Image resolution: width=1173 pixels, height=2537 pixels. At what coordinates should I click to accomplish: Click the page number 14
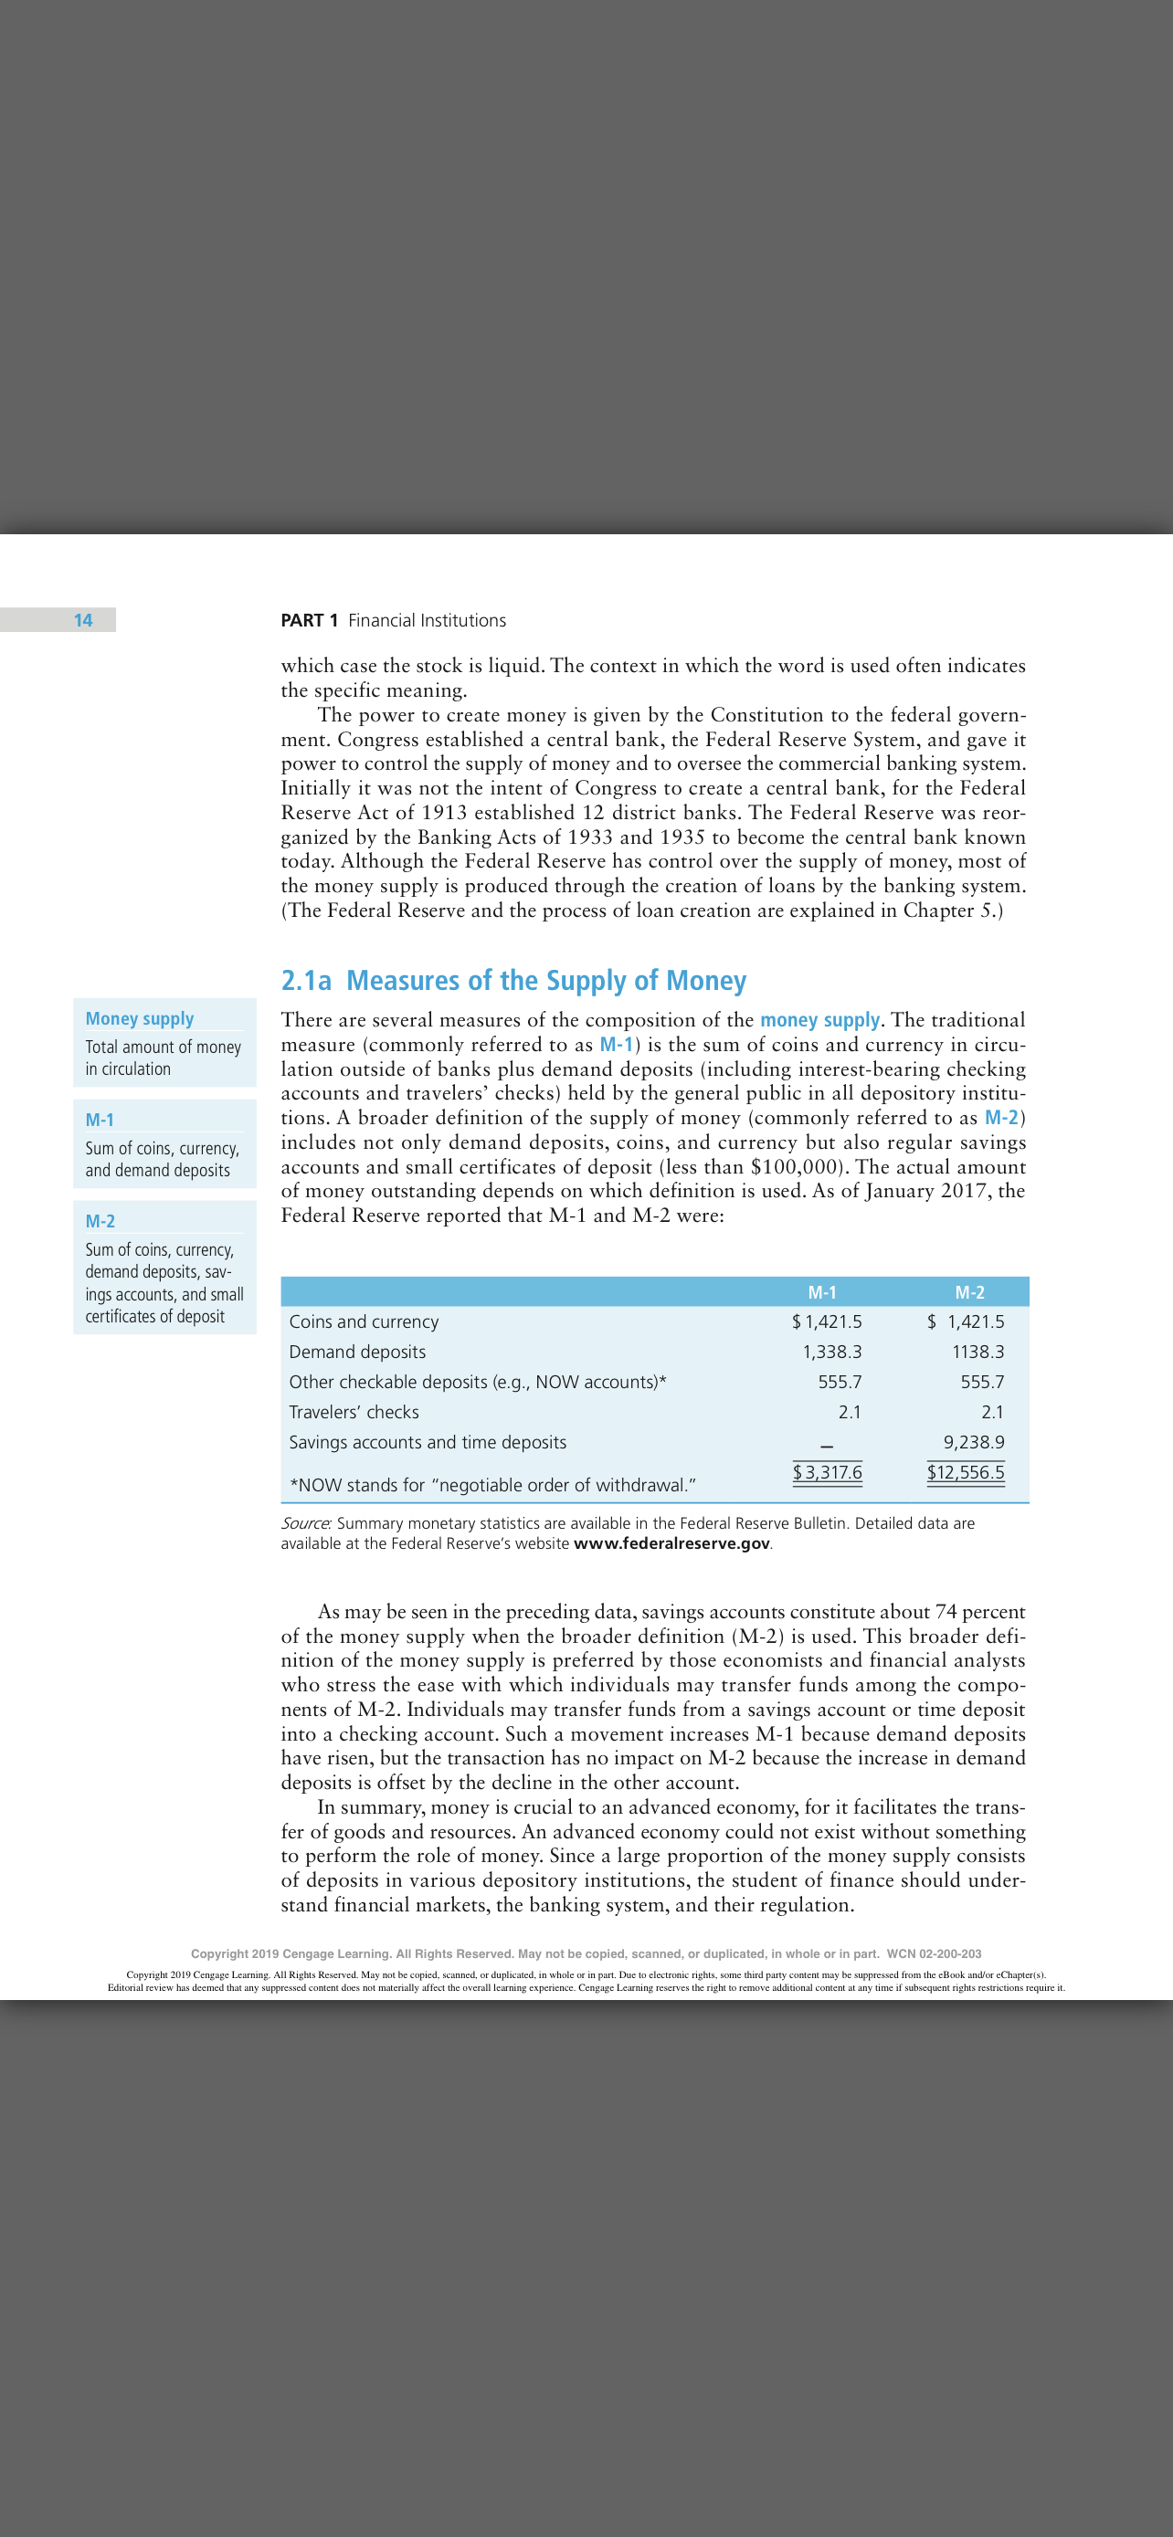tap(83, 619)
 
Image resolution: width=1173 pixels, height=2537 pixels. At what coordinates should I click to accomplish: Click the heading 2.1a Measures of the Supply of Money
tap(513, 980)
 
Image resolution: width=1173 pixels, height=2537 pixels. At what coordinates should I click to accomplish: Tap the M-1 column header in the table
tap(821, 1291)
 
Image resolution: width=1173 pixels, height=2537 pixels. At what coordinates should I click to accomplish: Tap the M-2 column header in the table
tap(969, 1291)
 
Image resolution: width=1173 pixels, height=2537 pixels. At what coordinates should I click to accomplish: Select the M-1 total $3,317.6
tap(828, 1471)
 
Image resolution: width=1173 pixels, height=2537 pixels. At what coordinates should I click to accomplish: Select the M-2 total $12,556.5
tap(966, 1471)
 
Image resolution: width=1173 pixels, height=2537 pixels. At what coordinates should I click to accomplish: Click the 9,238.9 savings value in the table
tap(973, 1442)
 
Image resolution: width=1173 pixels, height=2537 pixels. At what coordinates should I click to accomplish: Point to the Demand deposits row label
tap(357, 1352)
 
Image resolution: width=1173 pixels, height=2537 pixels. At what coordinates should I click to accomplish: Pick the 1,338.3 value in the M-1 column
tap(832, 1352)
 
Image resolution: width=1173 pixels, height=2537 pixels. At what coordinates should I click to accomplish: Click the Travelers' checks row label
tap(354, 1411)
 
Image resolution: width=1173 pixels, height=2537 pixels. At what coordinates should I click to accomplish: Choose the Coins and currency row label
tap(364, 1321)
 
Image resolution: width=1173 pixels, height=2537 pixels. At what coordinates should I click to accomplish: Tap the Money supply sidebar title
tap(139, 1018)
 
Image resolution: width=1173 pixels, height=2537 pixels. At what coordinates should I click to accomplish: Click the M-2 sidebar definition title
tap(100, 1220)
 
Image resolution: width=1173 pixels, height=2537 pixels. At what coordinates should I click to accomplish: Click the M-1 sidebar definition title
tap(100, 1119)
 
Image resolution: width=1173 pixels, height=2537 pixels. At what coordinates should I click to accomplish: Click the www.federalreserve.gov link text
tap(671, 1543)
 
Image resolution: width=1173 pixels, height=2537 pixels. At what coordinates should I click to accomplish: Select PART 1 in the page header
tap(310, 619)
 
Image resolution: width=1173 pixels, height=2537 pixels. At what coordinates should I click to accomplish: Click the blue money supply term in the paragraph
tap(819, 1019)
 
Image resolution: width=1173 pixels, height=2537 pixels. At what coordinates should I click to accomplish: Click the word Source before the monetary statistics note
tap(305, 1522)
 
